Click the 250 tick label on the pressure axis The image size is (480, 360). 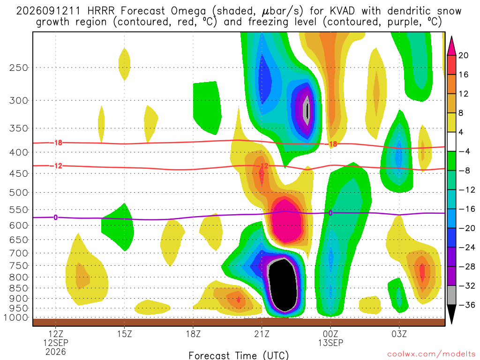pyautogui.click(x=18, y=67)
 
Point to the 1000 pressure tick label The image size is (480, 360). pyautogui.click(x=16, y=317)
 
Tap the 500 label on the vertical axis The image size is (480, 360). pyautogui.click(x=18, y=193)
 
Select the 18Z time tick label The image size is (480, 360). pyautogui.click(x=193, y=334)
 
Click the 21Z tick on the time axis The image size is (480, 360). pyautogui.click(x=262, y=334)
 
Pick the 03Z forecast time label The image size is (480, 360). pyautogui.click(x=399, y=334)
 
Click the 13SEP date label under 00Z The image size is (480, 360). pyautogui.click(x=330, y=343)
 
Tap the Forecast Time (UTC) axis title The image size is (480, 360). pyautogui.click(x=239, y=355)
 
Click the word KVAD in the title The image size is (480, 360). pyautogui.click(x=342, y=11)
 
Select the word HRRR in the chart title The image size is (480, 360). pyautogui.click(x=101, y=11)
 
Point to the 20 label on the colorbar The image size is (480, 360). pyautogui.click(x=464, y=55)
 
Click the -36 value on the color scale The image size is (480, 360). pyautogui.click(x=466, y=305)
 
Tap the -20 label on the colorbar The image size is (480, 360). pyautogui.click(x=466, y=228)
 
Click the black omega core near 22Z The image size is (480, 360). pyautogui.click(x=283, y=285)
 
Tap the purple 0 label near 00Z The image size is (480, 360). pyautogui.click(x=330, y=213)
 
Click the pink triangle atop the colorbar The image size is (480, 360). pyautogui.click(x=451, y=45)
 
